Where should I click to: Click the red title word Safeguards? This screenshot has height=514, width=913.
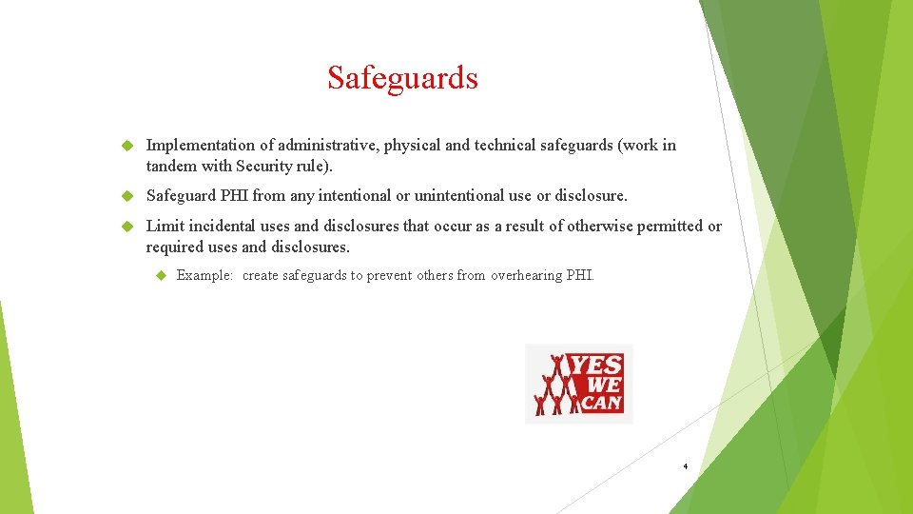(402, 77)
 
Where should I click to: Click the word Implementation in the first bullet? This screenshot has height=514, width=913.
(201, 146)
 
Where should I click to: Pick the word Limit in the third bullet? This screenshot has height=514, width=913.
(165, 227)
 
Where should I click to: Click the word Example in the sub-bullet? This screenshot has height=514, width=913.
(204, 276)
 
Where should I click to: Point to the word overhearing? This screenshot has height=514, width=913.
(526, 276)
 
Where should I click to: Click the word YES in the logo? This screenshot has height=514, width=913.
(596, 366)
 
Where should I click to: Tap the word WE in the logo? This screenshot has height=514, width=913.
(605, 385)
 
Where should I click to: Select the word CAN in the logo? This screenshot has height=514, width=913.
(601, 403)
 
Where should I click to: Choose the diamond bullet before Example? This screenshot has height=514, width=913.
(160, 276)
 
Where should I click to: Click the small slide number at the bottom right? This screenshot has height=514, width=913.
(685, 467)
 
